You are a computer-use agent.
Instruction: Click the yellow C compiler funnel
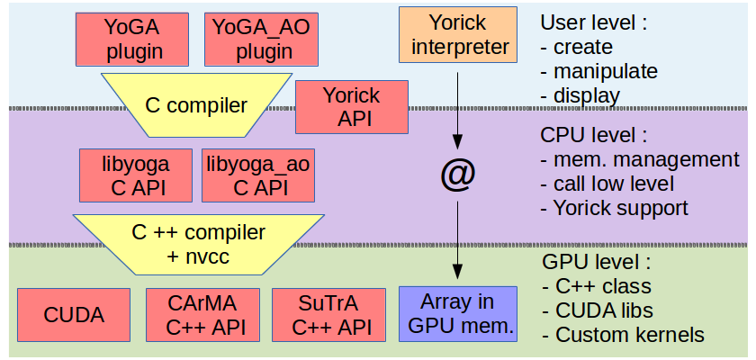(x=195, y=105)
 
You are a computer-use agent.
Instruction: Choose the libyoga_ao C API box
(x=258, y=175)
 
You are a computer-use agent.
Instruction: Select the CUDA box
(x=74, y=315)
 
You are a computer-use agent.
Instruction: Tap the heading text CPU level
(x=594, y=136)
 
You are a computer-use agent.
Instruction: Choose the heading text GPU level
(x=595, y=263)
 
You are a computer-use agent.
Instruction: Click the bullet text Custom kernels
(x=630, y=336)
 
